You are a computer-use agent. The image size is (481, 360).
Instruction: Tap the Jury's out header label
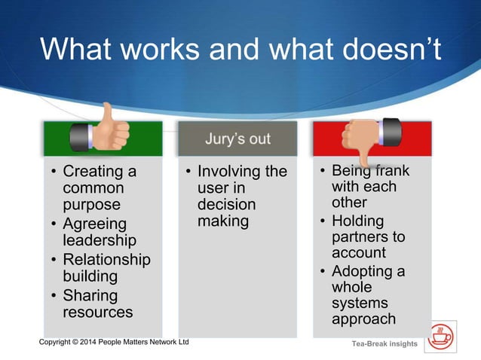[x=237, y=140]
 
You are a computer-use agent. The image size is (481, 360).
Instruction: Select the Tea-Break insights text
[x=384, y=344]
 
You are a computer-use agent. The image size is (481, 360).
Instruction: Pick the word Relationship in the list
[x=106, y=260]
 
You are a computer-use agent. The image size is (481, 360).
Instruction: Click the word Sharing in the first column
[x=90, y=295]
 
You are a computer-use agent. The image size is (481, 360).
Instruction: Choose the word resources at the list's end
[x=98, y=312]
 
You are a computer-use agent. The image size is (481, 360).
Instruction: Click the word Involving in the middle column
[x=226, y=172]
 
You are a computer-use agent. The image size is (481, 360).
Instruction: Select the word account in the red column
[x=359, y=254]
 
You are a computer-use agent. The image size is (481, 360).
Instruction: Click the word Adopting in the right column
[x=360, y=271]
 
